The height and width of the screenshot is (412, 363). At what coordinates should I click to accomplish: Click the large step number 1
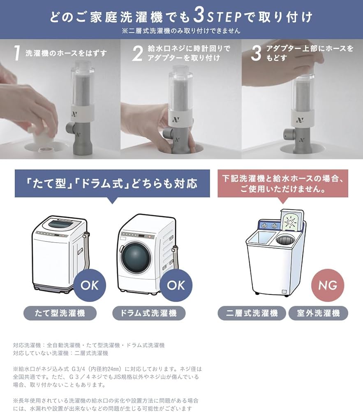point(16,54)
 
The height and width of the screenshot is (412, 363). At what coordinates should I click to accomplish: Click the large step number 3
point(256,54)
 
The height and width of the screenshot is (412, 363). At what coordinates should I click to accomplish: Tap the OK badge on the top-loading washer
point(89,285)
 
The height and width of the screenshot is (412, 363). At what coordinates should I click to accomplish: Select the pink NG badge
point(327,285)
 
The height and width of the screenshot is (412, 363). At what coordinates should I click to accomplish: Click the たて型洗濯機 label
point(60,313)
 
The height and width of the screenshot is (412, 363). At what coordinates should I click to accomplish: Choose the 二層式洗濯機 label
point(251,313)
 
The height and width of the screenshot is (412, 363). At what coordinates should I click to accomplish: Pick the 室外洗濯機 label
point(319,313)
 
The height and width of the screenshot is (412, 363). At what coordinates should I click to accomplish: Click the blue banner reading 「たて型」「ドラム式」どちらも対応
point(112,183)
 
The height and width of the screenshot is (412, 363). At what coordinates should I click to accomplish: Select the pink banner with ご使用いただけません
point(283,183)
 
